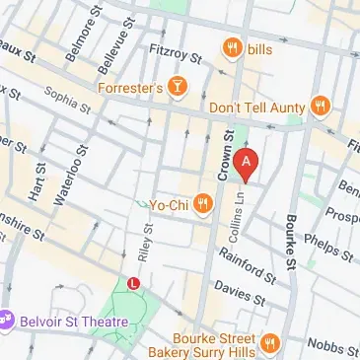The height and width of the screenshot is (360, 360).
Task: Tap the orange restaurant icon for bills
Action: [232, 47]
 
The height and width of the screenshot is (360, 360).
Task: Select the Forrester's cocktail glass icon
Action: [178, 88]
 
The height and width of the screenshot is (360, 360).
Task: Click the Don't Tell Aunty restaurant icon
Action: [319, 105]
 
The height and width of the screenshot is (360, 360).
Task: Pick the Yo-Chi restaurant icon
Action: [203, 204]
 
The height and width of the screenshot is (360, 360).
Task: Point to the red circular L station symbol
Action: [134, 284]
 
